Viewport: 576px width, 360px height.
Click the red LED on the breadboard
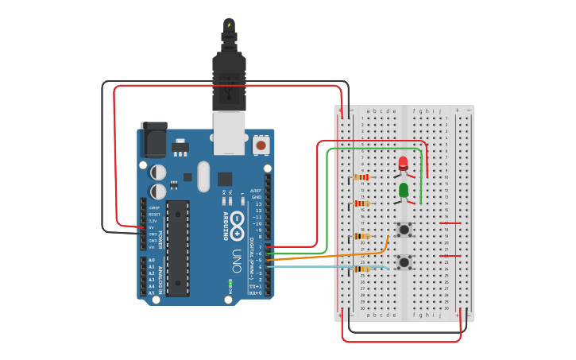click(x=403, y=164)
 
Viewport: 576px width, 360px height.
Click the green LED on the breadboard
click(x=404, y=190)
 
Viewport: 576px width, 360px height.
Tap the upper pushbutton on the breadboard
click(x=404, y=230)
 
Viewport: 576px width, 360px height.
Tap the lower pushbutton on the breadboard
click(x=404, y=261)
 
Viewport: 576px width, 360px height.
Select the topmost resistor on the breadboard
click(x=361, y=177)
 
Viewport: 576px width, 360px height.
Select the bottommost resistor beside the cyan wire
click(x=361, y=269)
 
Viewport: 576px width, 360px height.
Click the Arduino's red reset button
click(x=261, y=145)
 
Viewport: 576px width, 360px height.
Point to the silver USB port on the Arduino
click(x=229, y=132)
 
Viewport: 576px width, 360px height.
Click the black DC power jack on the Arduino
click(x=153, y=139)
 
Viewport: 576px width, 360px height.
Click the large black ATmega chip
click(x=178, y=247)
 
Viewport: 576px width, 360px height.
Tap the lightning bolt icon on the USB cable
click(x=229, y=25)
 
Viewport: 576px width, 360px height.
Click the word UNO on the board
click(x=237, y=261)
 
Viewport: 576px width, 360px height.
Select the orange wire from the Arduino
click(x=326, y=257)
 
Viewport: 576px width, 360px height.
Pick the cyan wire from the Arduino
click(x=326, y=266)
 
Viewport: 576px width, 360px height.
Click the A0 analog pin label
click(x=151, y=260)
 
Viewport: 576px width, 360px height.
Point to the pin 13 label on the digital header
click(x=257, y=203)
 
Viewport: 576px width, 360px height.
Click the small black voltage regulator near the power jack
click(x=180, y=147)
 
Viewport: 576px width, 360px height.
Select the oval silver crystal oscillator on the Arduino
click(x=203, y=176)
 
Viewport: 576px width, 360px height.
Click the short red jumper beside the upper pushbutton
click(x=450, y=223)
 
